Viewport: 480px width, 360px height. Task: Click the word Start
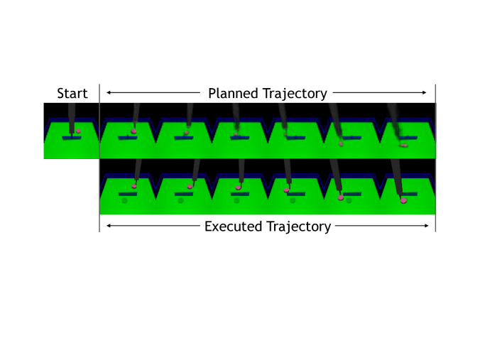click(72, 94)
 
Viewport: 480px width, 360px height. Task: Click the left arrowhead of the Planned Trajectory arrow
click(107, 92)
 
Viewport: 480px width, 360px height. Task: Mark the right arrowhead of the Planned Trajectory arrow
click(426, 92)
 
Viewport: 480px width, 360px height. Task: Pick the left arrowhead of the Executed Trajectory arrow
click(107, 226)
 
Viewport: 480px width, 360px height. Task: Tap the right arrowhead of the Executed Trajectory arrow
click(426, 226)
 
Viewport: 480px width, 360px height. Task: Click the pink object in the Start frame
click(78, 131)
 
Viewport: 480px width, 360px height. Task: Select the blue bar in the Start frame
click(71, 138)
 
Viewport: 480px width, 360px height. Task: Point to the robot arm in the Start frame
click(72, 117)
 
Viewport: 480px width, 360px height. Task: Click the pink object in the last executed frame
click(403, 201)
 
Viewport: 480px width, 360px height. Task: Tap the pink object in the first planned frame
click(134, 131)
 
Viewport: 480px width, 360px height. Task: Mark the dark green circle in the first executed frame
click(124, 201)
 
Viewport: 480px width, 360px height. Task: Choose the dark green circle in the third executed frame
click(236, 201)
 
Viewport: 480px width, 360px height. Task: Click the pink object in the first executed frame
click(134, 187)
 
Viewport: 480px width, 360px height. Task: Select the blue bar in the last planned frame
click(406, 138)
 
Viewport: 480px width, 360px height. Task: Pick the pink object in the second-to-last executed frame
click(341, 198)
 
